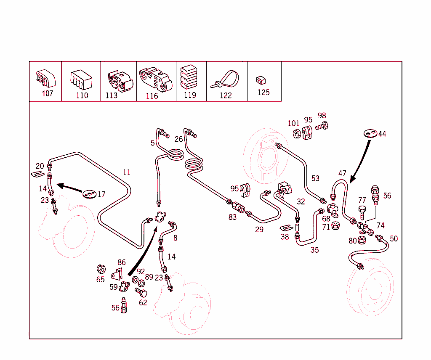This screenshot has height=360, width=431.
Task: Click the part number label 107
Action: (x=48, y=93)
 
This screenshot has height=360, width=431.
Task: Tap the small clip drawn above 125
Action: (x=260, y=79)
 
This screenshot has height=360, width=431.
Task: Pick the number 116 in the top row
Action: (x=152, y=96)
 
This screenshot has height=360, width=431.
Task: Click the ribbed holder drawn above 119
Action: (x=189, y=77)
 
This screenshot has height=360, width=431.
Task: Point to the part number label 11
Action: (x=127, y=172)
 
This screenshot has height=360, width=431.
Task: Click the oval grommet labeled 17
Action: (x=89, y=194)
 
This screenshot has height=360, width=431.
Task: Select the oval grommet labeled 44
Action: (x=369, y=133)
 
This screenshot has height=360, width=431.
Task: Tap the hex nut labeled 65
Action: (x=101, y=268)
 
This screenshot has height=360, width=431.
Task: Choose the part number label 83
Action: (x=233, y=217)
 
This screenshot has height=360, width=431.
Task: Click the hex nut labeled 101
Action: (x=296, y=134)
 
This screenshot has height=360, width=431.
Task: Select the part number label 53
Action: (x=315, y=179)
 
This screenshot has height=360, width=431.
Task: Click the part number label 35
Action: (x=314, y=250)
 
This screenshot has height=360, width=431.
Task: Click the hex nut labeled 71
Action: (x=336, y=226)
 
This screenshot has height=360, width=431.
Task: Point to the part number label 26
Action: (x=178, y=139)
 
